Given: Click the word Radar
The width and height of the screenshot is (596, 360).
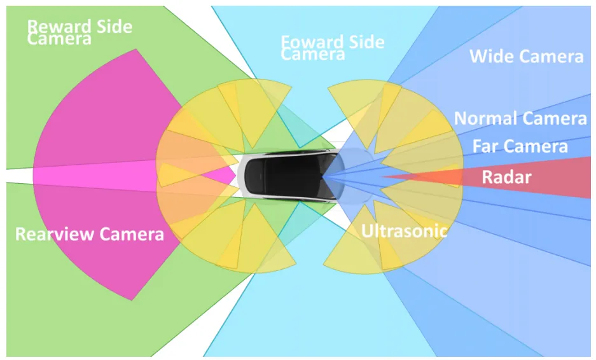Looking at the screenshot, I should tap(506, 177).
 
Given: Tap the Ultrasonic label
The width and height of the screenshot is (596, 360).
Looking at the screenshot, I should tap(404, 231).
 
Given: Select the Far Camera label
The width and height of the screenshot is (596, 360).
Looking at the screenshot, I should tap(520, 147).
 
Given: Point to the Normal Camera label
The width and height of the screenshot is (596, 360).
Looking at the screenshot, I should tap(520, 118).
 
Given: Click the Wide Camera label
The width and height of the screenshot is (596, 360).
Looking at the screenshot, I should tap(526, 57).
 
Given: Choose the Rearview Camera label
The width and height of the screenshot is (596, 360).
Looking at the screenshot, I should tap(89, 234).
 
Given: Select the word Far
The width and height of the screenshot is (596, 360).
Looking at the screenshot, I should tap(485, 147).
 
